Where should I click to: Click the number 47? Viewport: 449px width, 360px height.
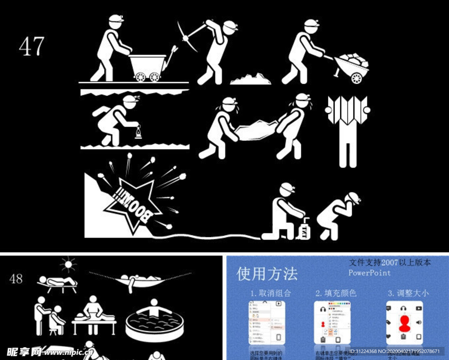pos(32,46)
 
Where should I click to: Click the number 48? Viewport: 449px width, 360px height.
pos(16,278)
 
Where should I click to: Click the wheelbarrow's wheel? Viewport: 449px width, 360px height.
pos(356,78)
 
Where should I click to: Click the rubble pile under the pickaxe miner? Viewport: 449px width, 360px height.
pos(250,79)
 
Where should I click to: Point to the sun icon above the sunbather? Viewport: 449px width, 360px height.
pos(68,264)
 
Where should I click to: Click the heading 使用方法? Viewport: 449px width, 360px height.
pos(267,274)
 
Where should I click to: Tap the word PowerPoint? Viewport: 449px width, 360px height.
pos(369,273)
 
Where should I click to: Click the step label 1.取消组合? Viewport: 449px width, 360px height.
pos(270,293)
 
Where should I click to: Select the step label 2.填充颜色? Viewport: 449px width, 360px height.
pos(335,293)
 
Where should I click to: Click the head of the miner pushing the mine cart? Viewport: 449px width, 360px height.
pos(115,22)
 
